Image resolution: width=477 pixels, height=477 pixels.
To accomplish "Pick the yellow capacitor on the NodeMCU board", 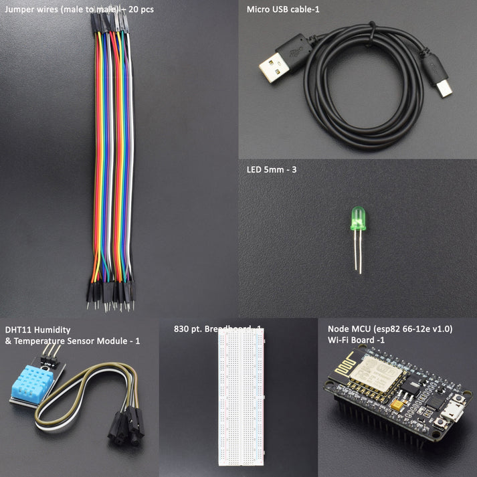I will pyautogui.click(x=396, y=404).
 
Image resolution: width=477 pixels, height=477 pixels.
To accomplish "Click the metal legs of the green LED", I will pyautogui.click(x=358, y=255).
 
